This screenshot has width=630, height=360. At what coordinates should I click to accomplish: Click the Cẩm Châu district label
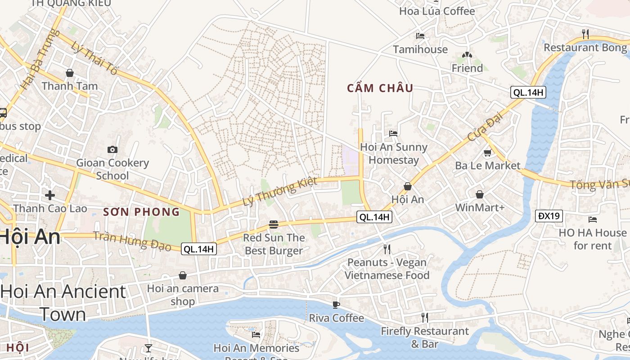pos(380,88)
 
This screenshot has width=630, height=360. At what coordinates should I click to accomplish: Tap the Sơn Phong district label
pos(141,212)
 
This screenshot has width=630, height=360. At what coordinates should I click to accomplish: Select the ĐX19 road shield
pos(549,216)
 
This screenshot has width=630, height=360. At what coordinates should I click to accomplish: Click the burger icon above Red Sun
pos(273,224)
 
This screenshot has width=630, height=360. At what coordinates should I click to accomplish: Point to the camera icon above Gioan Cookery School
pos(112,149)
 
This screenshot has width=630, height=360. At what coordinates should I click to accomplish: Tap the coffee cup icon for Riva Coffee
pos(336,305)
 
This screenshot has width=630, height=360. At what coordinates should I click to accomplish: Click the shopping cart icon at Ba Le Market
pos(487,153)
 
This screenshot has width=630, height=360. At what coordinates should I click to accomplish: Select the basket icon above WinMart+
pos(480,194)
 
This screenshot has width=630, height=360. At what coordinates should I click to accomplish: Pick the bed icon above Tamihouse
pos(420,36)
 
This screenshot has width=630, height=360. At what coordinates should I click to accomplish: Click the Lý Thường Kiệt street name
pos(280,192)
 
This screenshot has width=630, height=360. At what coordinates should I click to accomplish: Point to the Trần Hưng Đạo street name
pos(132,241)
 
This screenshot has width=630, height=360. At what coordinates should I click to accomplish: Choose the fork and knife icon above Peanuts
pos(387,249)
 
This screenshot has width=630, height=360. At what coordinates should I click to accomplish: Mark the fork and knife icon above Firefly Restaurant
pos(424,318)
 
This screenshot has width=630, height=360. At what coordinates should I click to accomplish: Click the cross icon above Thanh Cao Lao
pos(50,195)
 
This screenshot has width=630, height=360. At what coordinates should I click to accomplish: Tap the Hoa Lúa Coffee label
pos(437,11)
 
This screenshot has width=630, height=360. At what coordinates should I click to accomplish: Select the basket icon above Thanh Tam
pos(70,73)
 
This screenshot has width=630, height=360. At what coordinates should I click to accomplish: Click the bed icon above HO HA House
pos(593,220)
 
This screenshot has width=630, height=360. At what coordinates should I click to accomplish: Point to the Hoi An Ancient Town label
pos(63,303)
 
